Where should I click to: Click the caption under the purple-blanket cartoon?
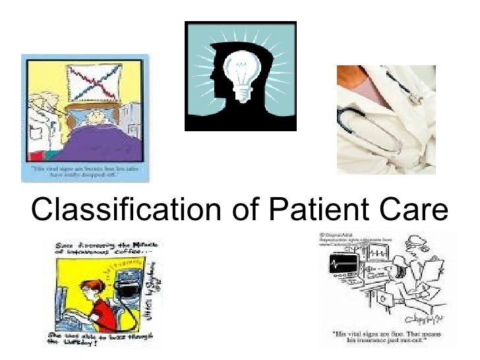click(x=84, y=173)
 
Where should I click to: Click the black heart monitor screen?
click(x=343, y=264)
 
